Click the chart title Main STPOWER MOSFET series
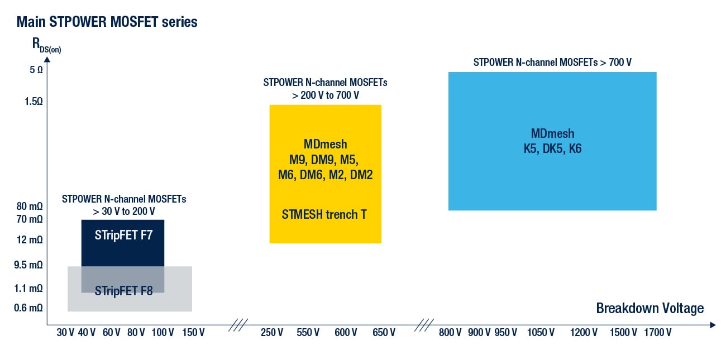[107, 22]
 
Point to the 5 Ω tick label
[36, 70]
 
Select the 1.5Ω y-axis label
[34, 102]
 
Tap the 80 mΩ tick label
[30, 206]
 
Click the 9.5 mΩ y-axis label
[28, 265]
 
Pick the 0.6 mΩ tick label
[28, 308]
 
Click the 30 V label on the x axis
[65, 333]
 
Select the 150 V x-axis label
[193, 333]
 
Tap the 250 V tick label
[272, 333]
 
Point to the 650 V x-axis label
[384, 333]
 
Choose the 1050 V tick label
[541, 333]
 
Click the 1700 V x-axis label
[658, 333]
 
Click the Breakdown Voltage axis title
[650, 308]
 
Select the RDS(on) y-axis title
[47, 45]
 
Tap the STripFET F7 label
[123, 235]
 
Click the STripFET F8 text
[123, 291]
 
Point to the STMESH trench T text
[324, 214]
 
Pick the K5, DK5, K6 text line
[553, 148]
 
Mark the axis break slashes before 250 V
[238, 325]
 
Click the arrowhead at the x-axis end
[713, 325]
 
